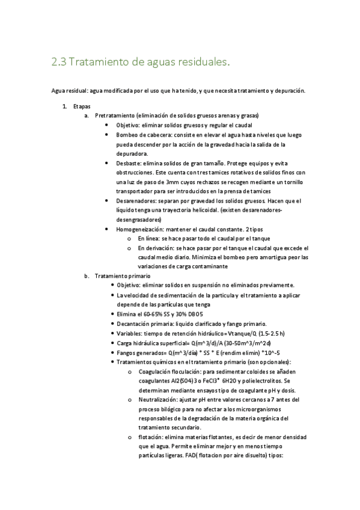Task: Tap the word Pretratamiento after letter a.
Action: point(115,115)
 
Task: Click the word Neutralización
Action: point(158,399)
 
